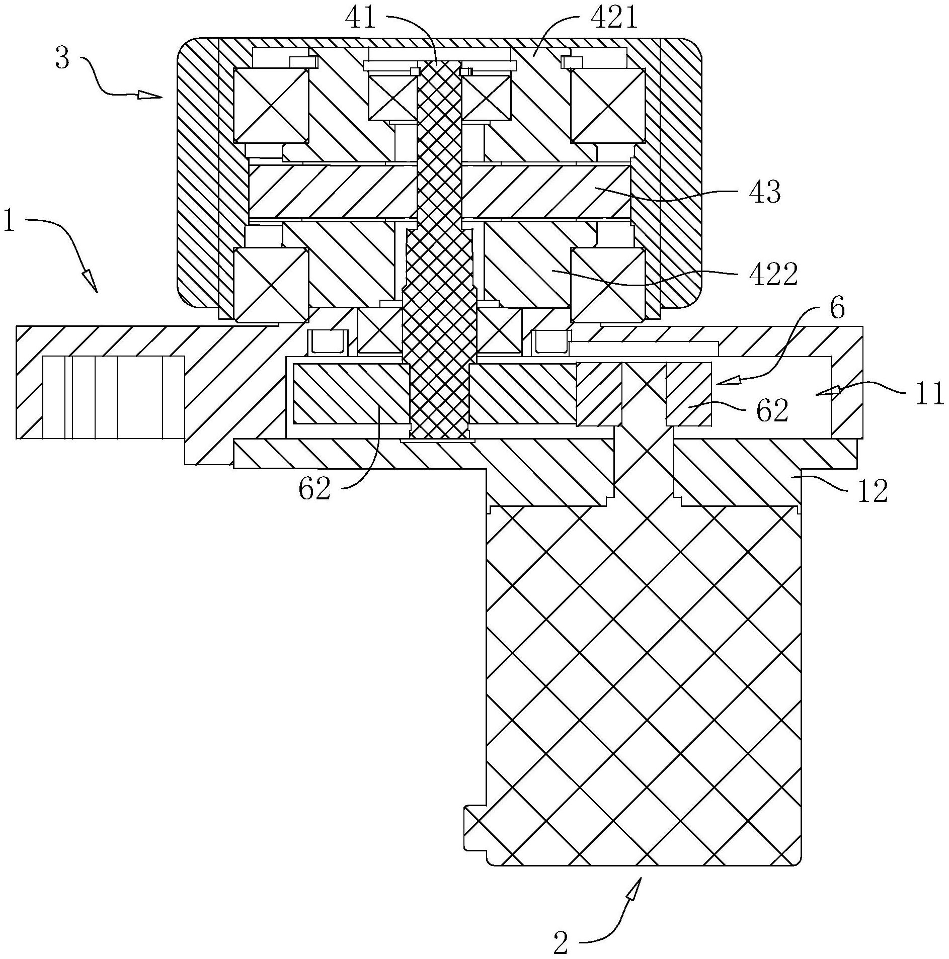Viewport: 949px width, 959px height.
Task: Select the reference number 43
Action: coord(764,192)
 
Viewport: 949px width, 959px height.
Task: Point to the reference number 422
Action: coord(774,275)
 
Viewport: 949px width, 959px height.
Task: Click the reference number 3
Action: coord(62,59)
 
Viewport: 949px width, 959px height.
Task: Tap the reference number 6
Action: coord(837,308)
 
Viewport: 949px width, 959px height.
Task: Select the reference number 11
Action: coord(928,393)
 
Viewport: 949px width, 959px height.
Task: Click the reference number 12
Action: coord(873,490)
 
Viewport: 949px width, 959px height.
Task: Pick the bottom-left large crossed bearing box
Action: coord(271,285)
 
